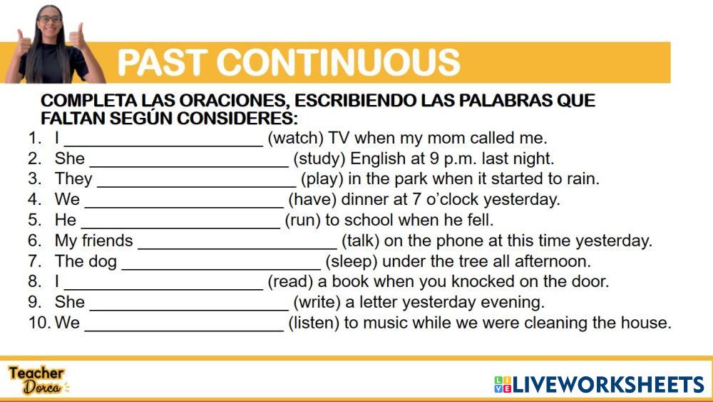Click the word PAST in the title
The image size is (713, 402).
(x=162, y=62)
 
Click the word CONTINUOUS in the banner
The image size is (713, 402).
(x=338, y=62)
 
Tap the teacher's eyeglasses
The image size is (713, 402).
(x=50, y=19)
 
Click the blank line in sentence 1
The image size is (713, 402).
(x=163, y=146)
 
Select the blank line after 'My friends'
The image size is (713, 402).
(x=237, y=248)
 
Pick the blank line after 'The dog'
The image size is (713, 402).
(x=222, y=269)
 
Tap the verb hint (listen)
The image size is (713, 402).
(x=314, y=323)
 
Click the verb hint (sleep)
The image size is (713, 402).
(x=352, y=261)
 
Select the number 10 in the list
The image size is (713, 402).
(x=39, y=323)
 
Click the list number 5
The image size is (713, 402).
(x=35, y=220)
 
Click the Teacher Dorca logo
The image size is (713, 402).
(x=39, y=380)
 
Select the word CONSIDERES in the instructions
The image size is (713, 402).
(x=237, y=119)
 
